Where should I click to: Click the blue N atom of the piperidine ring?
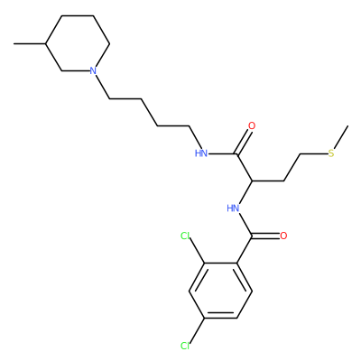93,71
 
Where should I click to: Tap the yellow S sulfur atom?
331,153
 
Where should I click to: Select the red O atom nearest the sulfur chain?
252,126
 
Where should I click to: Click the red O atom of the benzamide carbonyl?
283,236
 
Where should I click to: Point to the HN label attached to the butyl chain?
201,153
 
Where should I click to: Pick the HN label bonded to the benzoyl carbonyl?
233,208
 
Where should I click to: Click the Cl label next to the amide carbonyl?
185,236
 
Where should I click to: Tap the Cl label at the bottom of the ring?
185,346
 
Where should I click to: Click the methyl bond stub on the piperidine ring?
30,44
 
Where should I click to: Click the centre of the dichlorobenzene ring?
220,291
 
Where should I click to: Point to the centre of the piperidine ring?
78,43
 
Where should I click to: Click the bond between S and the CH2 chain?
314,154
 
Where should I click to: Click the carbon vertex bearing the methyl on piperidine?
46,44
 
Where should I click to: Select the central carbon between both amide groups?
252,181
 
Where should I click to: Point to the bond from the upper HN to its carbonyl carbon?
223,154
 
